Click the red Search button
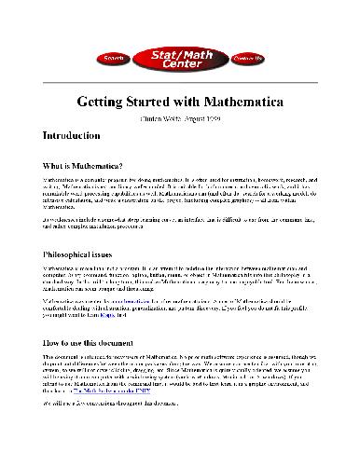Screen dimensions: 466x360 click(114, 58)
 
